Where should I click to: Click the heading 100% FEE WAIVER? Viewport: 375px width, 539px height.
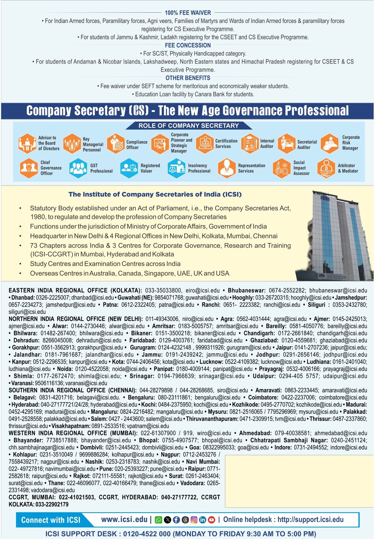pyautogui.click(x=188, y=13)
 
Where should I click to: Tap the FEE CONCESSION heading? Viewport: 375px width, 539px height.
pyautogui.click(x=188, y=45)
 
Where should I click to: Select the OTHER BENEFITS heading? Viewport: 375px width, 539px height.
pyautogui.click(x=188, y=78)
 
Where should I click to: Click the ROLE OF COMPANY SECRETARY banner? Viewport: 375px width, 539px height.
pyautogui.click(x=188, y=126)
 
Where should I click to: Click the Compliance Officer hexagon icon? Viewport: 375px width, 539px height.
pyautogui.click(x=115, y=144)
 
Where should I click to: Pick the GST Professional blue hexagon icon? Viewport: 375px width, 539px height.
pyautogui.click(x=78, y=168)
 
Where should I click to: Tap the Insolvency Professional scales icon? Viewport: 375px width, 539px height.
pyautogui.click(x=176, y=168)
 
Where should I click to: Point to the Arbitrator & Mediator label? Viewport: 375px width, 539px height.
pyautogui.click(x=348, y=168)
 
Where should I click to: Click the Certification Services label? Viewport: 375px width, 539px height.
pyautogui.click(x=226, y=143)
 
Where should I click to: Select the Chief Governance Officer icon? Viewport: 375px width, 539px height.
pyautogui.click(x=28, y=168)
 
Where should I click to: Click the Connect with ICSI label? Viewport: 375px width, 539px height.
pyautogui.click(x=51, y=520)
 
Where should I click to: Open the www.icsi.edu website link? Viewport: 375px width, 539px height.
pyautogui.click(x=124, y=519)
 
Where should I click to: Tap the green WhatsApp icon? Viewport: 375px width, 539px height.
pyautogui.click(x=159, y=520)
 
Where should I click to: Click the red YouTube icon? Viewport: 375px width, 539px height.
pyautogui.click(x=211, y=520)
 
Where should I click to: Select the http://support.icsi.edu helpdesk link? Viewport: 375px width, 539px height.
pyautogui.click(x=310, y=519)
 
